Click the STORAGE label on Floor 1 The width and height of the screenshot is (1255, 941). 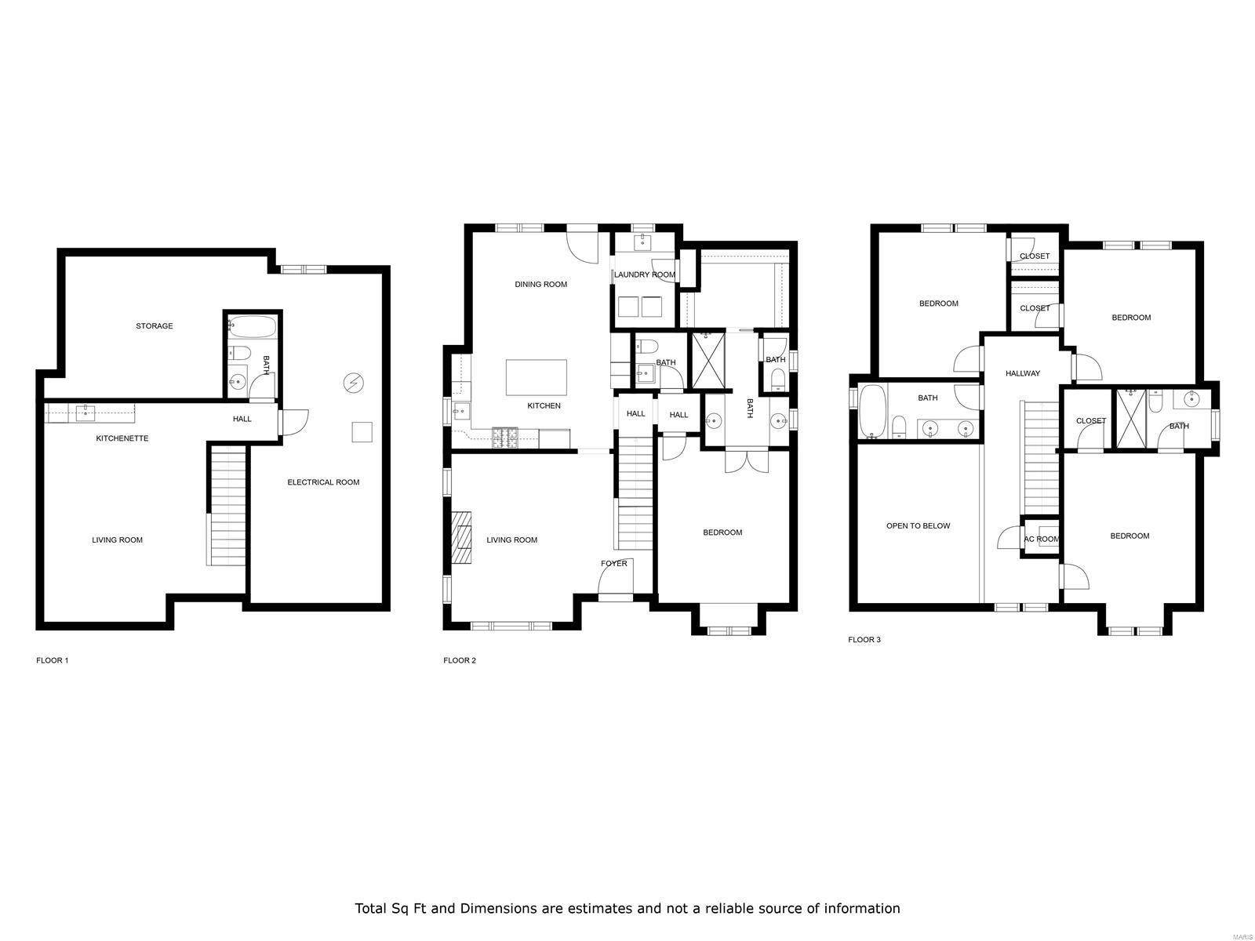point(154,326)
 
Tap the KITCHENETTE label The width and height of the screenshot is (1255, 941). point(122,438)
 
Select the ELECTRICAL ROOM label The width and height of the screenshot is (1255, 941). point(323,482)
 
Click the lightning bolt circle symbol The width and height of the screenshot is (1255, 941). point(354,383)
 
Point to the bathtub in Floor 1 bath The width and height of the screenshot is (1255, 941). point(251,326)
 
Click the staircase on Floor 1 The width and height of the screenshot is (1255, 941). point(228,506)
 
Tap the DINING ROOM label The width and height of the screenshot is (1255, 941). point(540,285)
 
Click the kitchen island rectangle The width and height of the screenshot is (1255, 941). point(537,377)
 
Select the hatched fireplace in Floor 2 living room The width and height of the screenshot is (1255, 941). point(462,537)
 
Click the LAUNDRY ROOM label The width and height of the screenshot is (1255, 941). point(644,275)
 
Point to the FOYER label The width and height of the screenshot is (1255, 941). point(613,564)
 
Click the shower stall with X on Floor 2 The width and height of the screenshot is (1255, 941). point(708,361)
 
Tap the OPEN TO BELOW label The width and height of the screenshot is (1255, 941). point(918,526)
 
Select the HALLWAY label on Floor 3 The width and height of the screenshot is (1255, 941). point(1023,374)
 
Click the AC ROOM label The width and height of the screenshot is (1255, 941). point(1042,540)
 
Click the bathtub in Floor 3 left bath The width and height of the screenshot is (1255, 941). point(871,411)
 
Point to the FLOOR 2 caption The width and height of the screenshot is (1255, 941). point(460,660)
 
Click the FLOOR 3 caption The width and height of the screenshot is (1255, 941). point(864,640)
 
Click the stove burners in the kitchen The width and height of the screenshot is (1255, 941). point(504,438)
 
